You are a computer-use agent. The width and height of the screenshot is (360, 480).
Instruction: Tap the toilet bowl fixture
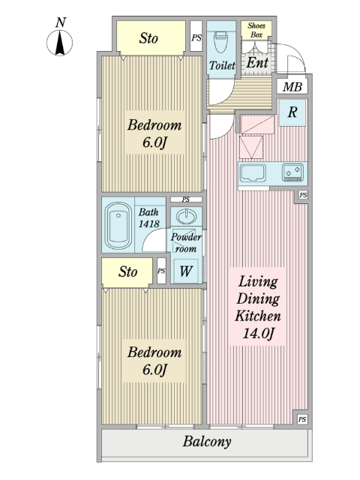[221, 43]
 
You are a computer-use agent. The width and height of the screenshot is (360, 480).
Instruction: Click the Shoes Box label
[256, 30]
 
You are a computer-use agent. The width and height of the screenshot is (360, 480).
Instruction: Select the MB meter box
[292, 87]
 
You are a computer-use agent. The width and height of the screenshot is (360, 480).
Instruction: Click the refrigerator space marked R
[292, 112]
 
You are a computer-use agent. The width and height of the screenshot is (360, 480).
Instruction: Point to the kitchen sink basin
[253, 173]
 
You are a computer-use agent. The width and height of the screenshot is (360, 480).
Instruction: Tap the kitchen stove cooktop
[292, 172]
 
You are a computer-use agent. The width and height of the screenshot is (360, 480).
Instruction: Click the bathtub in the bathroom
[118, 226]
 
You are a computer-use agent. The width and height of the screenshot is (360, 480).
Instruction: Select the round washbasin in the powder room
[186, 217]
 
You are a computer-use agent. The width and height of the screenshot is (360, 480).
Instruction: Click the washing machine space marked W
[186, 271]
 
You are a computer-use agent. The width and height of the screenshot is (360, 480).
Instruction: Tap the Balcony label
[207, 442]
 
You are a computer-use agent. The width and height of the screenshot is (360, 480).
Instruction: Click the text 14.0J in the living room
[258, 333]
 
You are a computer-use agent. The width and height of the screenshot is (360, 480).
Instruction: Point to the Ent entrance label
[257, 63]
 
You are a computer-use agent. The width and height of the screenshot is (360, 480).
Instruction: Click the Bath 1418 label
[148, 217]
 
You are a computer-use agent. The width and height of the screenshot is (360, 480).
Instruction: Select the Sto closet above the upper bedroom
[151, 38]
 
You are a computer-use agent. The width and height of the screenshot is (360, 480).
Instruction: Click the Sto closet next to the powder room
[127, 272]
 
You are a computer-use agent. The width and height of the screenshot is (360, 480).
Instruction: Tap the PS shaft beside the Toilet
[196, 36]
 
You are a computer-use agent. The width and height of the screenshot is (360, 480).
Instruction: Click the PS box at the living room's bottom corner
[302, 419]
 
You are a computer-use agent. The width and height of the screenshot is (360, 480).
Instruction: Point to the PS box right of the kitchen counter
[303, 195]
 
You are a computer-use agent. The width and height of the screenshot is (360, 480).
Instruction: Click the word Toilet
[222, 65]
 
